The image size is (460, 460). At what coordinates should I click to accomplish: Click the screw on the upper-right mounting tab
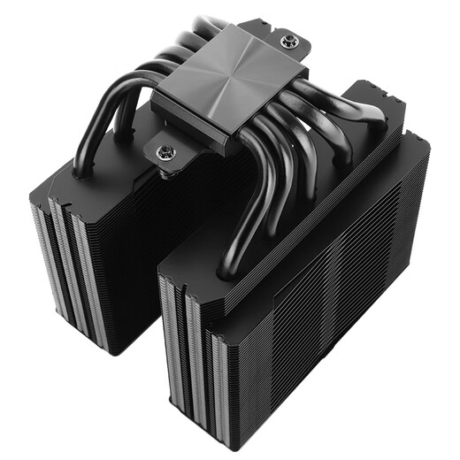pyautogui.click(x=287, y=41)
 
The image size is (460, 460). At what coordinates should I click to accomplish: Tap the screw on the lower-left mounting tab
pyautogui.click(x=165, y=152)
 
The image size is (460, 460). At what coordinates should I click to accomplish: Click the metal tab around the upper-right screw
pyautogui.click(x=297, y=44)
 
